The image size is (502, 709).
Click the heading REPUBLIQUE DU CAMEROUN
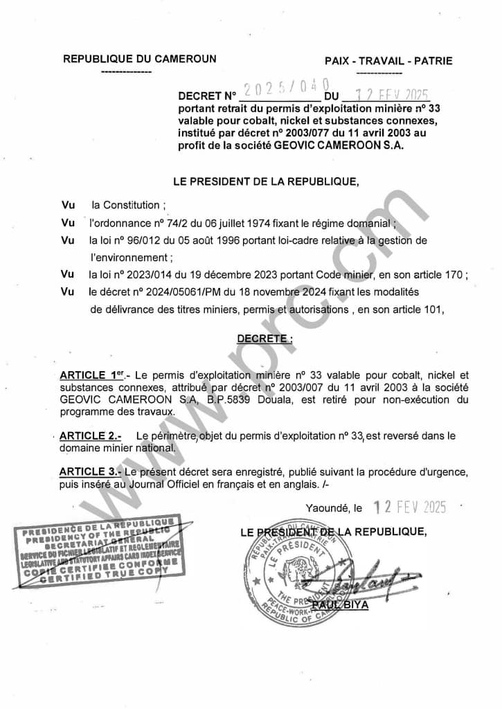click(140, 60)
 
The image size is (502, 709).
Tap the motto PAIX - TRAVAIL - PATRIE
click(388, 61)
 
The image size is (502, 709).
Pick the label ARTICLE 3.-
click(91, 471)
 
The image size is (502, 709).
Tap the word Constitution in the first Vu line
click(132, 205)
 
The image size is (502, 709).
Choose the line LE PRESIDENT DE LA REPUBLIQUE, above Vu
click(266, 182)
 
